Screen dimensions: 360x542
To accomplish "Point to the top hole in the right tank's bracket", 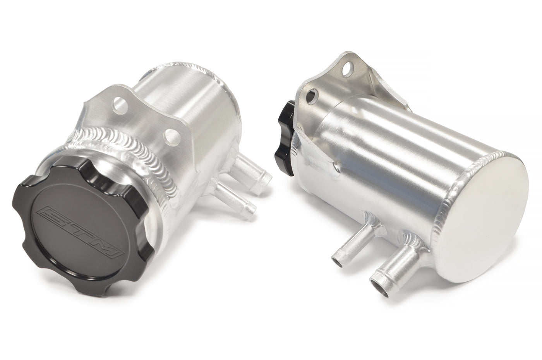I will [347, 72].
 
